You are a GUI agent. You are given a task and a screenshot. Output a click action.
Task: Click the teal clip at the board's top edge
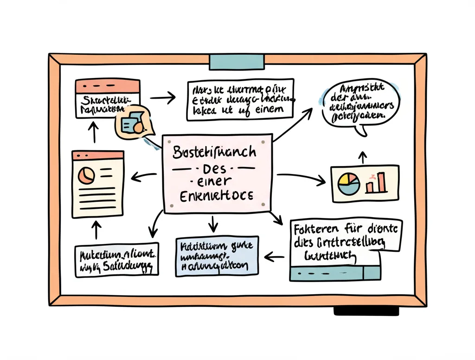coord(237,61)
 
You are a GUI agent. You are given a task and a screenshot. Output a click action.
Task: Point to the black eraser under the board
coord(366,311)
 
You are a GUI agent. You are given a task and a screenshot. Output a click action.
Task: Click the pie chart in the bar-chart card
coord(349,184)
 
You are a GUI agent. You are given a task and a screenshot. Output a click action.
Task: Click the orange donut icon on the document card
coord(86,175)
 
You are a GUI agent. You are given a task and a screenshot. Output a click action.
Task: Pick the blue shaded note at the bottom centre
coord(217,257)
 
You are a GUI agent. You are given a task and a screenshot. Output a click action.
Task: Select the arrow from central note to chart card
coord(302,178)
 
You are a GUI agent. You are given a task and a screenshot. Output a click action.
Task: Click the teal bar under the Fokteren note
coord(335,274)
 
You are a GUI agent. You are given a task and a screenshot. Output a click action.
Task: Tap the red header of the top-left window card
coord(107,86)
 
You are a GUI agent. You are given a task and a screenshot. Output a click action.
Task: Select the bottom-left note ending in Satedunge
coord(116,260)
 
